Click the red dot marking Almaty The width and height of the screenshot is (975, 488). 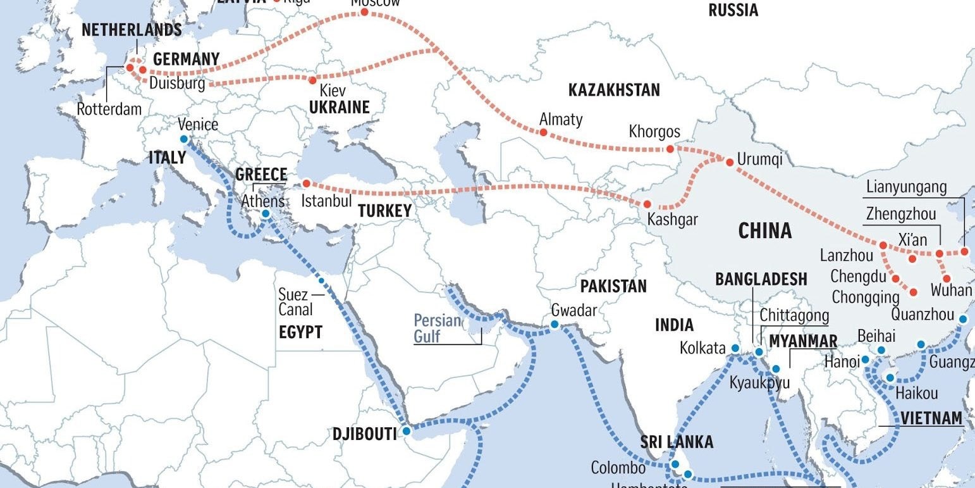pyautogui.click(x=543, y=132)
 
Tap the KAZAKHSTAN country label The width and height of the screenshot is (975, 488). pyautogui.click(x=613, y=90)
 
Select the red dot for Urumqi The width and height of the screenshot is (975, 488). pyautogui.click(x=730, y=163)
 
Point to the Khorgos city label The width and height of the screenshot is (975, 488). pyautogui.click(x=654, y=132)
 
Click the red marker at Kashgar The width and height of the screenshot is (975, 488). pyautogui.click(x=647, y=204)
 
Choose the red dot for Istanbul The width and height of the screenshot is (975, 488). pyautogui.click(x=306, y=184)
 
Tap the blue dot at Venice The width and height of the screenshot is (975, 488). pyautogui.click(x=183, y=139)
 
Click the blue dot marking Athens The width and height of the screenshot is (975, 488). pyautogui.click(x=266, y=214)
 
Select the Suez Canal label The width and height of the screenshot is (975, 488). pyautogui.click(x=295, y=302)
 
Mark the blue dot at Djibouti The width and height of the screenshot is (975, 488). pyautogui.click(x=406, y=431)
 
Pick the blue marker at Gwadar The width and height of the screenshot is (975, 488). pyautogui.click(x=554, y=325)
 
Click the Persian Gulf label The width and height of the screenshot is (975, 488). pyautogui.click(x=437, y=327)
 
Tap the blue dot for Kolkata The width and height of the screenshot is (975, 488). pyautogui.click(x=735, y=348)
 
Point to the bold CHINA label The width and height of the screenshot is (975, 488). pyautogui.click(x=765, y=230)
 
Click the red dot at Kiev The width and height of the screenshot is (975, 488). pyautogui.click(x=312, y=80)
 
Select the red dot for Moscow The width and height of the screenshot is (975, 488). pyautogui.click(x=364, y=11)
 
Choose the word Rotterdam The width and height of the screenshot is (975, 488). pyautogui.click(x=109, y=109)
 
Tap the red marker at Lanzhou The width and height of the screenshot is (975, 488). pyautogui.click(x=883, y=245)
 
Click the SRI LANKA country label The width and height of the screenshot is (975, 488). pyautogui.click(x=677, y=442)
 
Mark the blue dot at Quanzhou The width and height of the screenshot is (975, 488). pyautogui.click(x=962, y=320)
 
